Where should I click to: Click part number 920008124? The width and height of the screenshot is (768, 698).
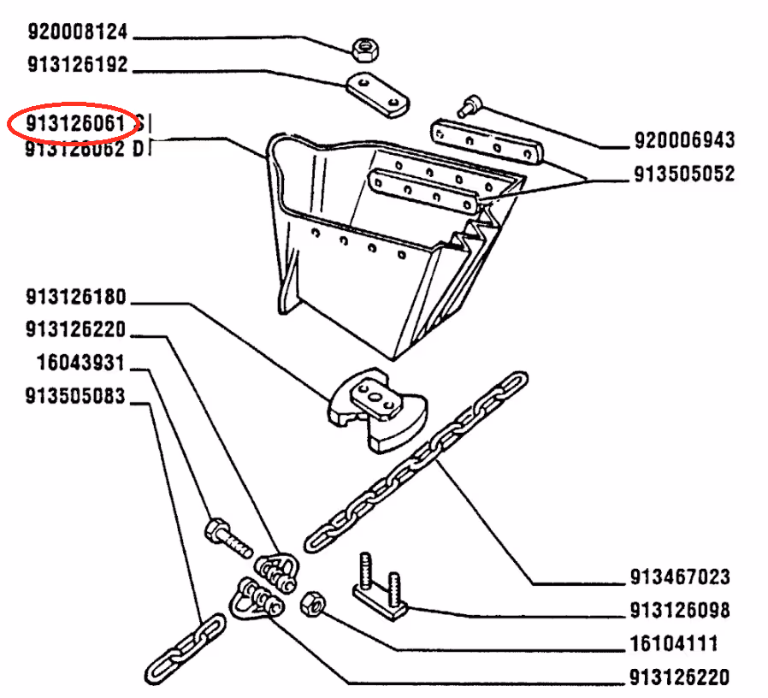(77, 33)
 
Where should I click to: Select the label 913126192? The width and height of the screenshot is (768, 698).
(77, 65)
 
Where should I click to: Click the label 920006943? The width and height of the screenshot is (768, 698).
(684, 139)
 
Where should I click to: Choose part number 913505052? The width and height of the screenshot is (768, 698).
(684, 174)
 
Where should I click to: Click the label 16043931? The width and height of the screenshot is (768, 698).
(81, 364)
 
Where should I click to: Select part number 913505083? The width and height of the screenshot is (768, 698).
(76, 397)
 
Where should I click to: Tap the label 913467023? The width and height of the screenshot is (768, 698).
(680, 577)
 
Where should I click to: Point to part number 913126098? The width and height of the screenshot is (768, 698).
(680, 611)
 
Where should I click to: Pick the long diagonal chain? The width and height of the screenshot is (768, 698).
(416, 462)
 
